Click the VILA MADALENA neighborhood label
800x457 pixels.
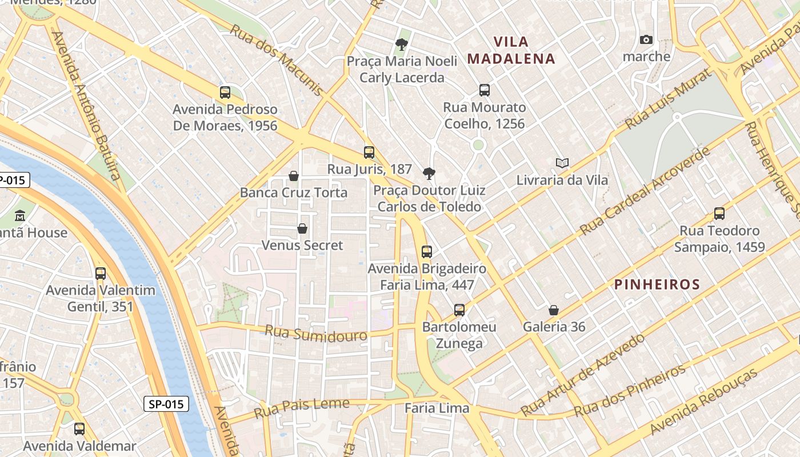pos(511,50)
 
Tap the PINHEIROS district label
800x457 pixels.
pos(657,284)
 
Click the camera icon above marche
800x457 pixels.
pos(646,39)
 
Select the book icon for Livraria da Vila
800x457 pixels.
pos(562,163)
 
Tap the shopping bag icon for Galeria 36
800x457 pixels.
pos(553,310)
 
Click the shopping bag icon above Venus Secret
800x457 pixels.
pos(302,228)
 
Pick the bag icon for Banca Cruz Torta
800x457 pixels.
pos(294,175)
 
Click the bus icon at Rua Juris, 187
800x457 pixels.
pos(369,153)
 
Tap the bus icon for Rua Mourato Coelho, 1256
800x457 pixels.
pos(485,90)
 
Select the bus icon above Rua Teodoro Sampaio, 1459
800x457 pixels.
pos(719,214)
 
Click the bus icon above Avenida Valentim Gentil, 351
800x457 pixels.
pos(101,273)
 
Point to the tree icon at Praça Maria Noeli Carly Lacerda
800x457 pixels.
pos(402,44)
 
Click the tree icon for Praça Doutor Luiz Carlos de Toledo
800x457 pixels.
pos(429,174)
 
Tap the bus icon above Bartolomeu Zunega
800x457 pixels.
pos(459,310)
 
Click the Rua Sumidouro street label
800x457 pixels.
pos(316,333)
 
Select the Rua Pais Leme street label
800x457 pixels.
pos(301,407)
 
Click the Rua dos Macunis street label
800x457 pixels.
pos(276,59)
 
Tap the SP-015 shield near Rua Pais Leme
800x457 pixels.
pos(166,404)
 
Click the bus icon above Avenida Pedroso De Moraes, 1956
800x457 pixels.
pos(225,93)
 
